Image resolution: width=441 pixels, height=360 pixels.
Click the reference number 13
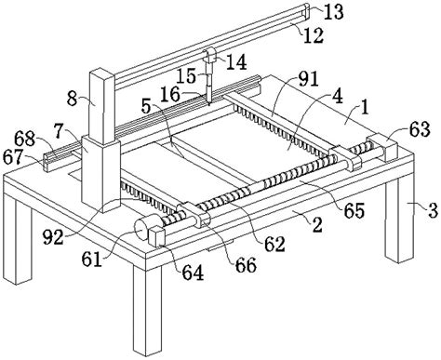pyautogui.click(x=334, y=12)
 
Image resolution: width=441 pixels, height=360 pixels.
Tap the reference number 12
pyautogui.click(x=314, y=35)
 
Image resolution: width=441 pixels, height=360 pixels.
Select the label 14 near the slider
pyautogui.click(x=236, y=62)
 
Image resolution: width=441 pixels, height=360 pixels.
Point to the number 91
pyautogui.click(x=308, y=79)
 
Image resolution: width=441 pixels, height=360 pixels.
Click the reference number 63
pyautogui.click(x=420, y=129)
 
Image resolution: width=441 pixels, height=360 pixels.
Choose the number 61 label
pyautogui.click(x=92, y=260)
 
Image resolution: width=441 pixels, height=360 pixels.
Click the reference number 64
pyautogui.click(x=193, y=273)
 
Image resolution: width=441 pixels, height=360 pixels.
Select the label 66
pyautogui.click(x=246, y=265)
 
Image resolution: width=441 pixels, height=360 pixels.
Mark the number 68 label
pyautogui.click(x=24, y=140)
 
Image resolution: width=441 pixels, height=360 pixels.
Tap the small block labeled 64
pyautogui.click(x=156, y=236)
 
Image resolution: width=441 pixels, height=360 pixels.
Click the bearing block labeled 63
pyautogui.click(x=382, y=148)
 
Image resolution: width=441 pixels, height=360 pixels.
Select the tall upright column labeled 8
pyautogui.click(x=102, y=107)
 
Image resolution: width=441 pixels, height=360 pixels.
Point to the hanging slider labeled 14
pyautogui.click(x=210, y=56)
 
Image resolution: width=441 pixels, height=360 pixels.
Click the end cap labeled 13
pyautogui.click(x=306, y=9)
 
